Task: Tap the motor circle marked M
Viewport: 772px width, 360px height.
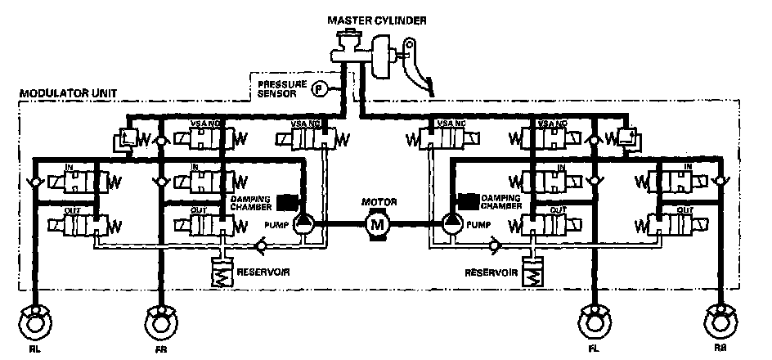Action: coord(377,223)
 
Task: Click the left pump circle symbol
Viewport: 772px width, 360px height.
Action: coord(302,223)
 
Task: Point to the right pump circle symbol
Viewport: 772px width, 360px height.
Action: coord(452,223)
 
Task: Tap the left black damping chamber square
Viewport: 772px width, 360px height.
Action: coord(286,201)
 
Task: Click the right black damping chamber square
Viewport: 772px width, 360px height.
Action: coord(469,200)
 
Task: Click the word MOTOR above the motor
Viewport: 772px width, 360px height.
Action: coord(377,200)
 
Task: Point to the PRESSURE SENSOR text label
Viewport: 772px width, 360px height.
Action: coord(281,88)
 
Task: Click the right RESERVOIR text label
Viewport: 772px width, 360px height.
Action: coord(489,271)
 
